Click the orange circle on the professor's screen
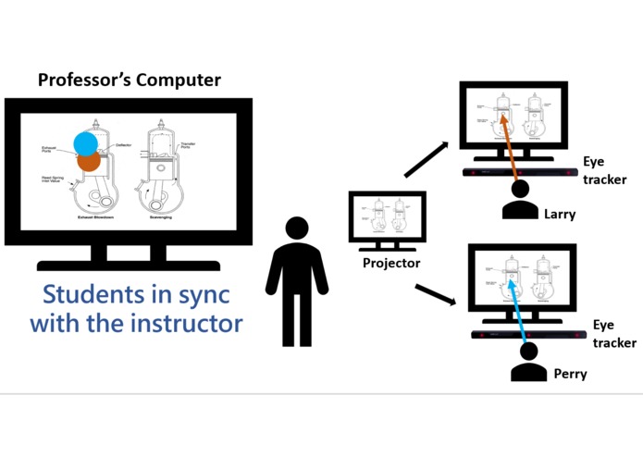pyautogui.click(x=89, y=163)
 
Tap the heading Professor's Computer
pyautogui.click(x=130, y=80)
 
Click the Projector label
pyautogui.click(x=390, y=264)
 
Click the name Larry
pyautogui.click(x=559, y=215)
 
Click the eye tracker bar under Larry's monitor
pyautogui.click(x=520, y=173)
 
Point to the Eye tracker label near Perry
pyautogui.click(x=613, y=334)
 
